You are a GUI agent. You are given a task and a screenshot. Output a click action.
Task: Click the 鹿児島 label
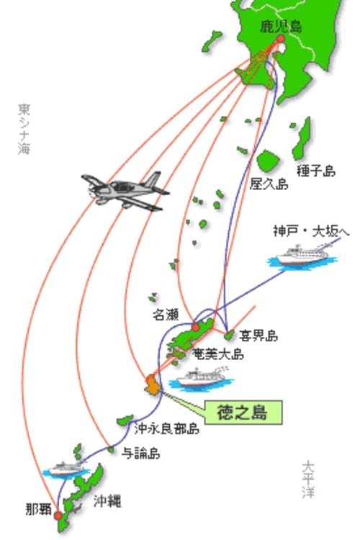pyautogui.click(x=281, y=27)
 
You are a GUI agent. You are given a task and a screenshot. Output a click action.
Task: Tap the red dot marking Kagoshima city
pyautogui.click(x=281, y=39)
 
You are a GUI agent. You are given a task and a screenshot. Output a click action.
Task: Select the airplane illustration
pyautogui.click(x=125, y=191)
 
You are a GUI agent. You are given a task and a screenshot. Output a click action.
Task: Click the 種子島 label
pyautogui.click(x=316, y=171)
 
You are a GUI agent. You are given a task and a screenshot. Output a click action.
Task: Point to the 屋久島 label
pyautogui.click(x=269, y=184)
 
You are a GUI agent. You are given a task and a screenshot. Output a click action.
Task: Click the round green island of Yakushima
pyautogui.click(x=268, y=161)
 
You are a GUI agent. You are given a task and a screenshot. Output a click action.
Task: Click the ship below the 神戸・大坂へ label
pyautogui.click(x=302, y=256)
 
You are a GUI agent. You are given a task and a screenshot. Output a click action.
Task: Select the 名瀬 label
pyautogui.click(x=166, y=314)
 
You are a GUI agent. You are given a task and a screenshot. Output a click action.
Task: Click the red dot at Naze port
pyautogui.click(x=195, y=327)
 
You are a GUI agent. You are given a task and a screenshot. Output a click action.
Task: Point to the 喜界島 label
pyautogui.click(x=258, y=336)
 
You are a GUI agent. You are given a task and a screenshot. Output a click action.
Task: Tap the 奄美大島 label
pyautogui.click(x=218, y=354)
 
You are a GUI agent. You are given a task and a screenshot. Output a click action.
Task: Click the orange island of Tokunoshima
pyautogui.click(x=153, y=384)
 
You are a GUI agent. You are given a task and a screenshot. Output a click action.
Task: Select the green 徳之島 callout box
pyautogui.click(x=243, y=413)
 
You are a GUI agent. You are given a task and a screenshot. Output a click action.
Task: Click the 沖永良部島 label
pyautogui.click(x=167, y=428)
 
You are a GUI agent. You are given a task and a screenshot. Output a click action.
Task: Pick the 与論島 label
pyautogui.click(x=140, y=453)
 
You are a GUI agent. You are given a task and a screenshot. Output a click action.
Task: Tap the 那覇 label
pyautogui.click(x=39, y=509)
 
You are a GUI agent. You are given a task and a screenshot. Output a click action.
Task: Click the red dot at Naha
pyautogui.click(x=58, y=516)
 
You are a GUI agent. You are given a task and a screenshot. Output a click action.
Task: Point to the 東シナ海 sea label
pyautogui.click(x=24, y=129)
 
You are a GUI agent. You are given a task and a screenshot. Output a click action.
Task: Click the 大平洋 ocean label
pyautogui.click(x=308, y=480)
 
